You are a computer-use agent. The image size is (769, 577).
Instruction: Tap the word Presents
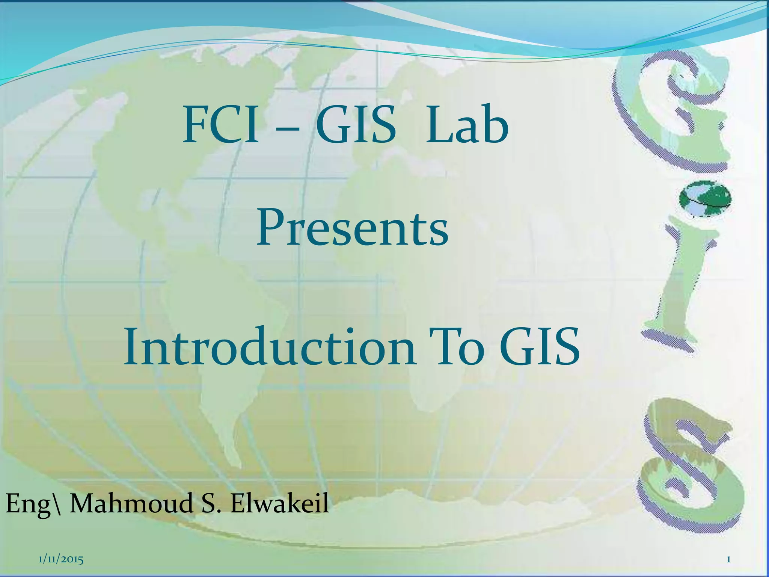coord(352,228)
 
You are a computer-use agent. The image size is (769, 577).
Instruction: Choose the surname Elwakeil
coord(279,503)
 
